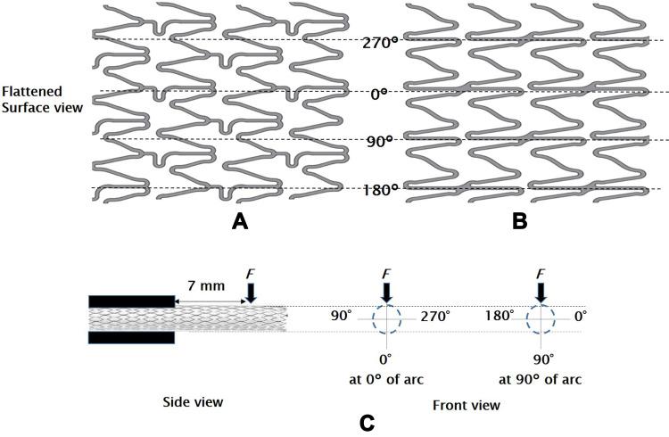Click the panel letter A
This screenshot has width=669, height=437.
(239, 221)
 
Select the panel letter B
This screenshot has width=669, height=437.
(520, 221)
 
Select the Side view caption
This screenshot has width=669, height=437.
(193, 402)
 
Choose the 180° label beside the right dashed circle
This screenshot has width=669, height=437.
(501, 316)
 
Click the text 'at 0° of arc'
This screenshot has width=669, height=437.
(386, 379)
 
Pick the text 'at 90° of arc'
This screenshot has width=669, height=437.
(541, 379)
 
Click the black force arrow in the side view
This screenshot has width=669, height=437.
(252, 292)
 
